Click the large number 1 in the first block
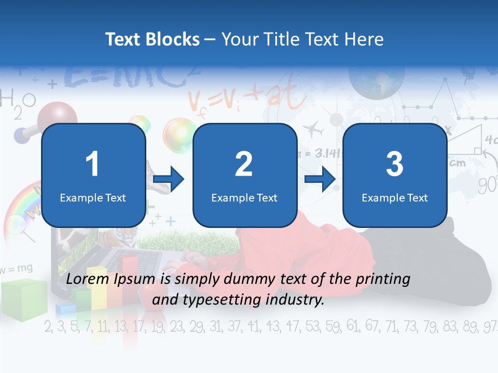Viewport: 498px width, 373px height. click(x=93, y=164)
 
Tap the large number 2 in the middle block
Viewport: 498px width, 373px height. click(x=244, y=164)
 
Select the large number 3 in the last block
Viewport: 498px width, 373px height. click(x=395, y=164)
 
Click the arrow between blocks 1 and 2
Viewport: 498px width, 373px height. click(x=169, y=180)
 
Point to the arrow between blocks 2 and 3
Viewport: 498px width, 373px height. click(x=320, y=180)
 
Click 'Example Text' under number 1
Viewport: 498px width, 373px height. click(x=93, y=197)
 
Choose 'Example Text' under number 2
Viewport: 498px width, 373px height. click(x=244, y=197)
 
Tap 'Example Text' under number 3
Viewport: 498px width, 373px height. click(x=395, y=197)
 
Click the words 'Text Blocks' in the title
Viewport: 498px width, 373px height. click(x=152, y=39)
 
